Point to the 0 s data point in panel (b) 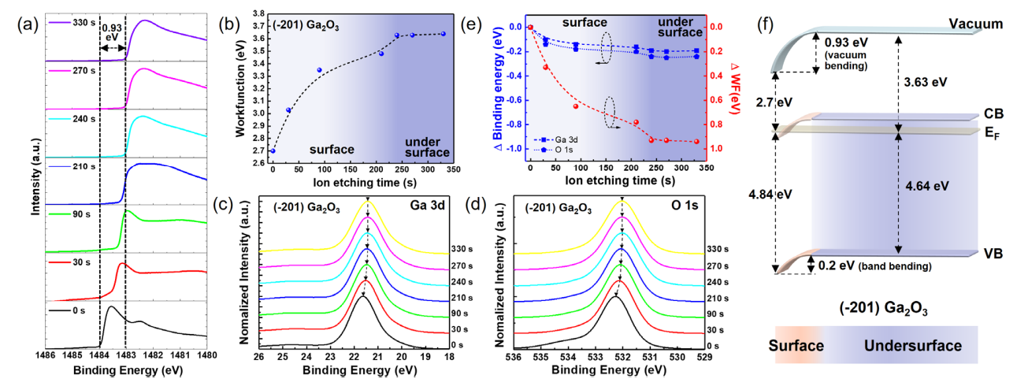pyautogui.click(x=273, y=150)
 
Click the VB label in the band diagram pyautogui.click(x=974, y=254)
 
